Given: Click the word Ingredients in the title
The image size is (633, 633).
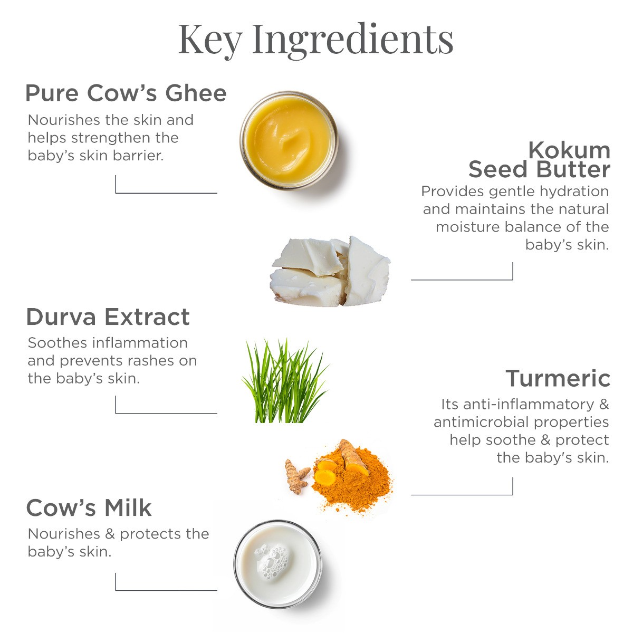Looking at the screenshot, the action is [352, 41].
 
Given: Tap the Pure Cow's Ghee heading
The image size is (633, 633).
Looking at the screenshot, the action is [126, 93].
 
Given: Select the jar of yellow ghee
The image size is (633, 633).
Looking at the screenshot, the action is [289, 140].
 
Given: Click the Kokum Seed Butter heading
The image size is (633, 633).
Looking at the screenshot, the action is [540, 160].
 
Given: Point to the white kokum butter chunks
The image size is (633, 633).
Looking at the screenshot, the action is [330, 272].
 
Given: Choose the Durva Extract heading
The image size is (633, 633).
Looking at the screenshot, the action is [108, 317].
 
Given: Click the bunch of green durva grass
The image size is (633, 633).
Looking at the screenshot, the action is [285, 381].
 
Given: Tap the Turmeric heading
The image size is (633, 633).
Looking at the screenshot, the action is [558, 378].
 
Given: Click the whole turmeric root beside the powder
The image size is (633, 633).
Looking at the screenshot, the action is [296, 476].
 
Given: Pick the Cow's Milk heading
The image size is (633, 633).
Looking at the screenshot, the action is [89, 507].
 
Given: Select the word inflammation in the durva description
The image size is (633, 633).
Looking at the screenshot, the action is [140, 343].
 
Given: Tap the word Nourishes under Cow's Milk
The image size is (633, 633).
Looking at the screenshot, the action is [64, 534].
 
